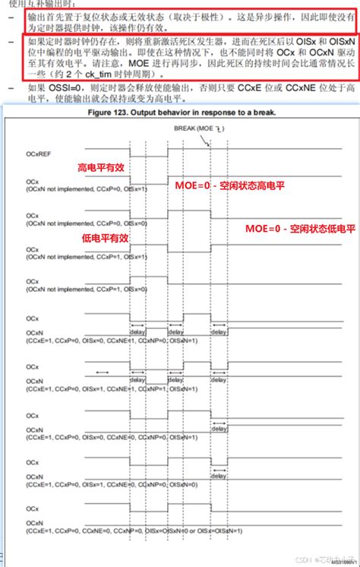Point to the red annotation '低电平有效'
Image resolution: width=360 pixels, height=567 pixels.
(99, 238)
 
